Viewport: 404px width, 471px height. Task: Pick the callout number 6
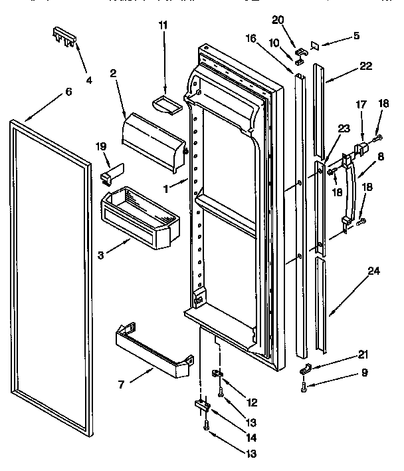point(68,92)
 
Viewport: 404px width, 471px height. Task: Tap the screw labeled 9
point(304,385)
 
